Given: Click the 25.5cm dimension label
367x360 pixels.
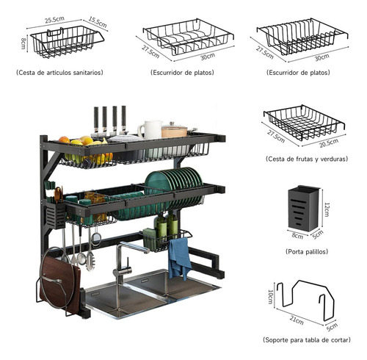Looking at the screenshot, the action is pos(54,20).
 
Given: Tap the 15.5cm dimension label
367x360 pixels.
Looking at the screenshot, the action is pos(98,22).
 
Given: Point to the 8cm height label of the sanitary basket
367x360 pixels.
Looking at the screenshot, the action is pos(23,43).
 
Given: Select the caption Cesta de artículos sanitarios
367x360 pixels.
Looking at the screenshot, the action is pos(59,73).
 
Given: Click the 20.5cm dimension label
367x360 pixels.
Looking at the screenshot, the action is pos(329,143).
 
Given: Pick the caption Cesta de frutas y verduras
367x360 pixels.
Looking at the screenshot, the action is pos(307,159).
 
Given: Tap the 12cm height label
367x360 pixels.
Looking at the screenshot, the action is pos(326,209).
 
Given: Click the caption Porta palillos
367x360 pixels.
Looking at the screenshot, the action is pos(307,251).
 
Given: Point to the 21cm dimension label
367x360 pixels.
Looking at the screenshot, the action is pos(297,320).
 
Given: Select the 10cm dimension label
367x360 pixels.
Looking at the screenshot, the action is pos(270,297).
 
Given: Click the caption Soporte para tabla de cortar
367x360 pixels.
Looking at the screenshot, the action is pos(307,340).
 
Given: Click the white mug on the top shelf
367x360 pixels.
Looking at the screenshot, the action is pos(150,130).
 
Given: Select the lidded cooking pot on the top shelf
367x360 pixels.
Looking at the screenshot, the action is pos(174,130).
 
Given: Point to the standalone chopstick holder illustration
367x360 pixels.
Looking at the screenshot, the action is pos(304,209).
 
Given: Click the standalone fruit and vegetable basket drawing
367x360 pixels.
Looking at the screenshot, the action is pos(304,123).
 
